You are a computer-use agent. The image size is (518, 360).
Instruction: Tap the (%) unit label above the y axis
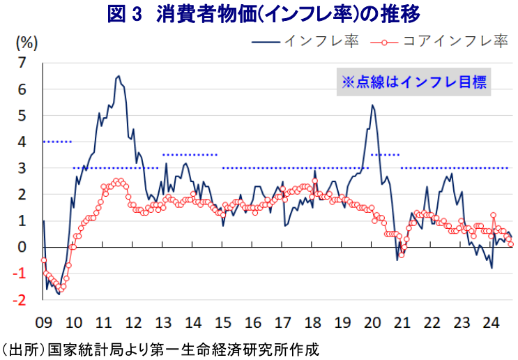click(x=25, y=42)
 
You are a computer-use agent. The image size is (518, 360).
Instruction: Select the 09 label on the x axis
click(x=43, y=323)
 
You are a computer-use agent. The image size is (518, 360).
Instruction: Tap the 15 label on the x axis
click(x=222, y=323)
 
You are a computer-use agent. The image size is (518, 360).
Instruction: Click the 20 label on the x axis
click(x=372, y=323)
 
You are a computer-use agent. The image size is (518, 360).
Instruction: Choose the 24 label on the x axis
click(x=492, y=323)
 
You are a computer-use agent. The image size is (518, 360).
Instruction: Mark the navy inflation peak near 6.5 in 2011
click(x=118, y=76)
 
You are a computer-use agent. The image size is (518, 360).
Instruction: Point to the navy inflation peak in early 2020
click(x=372, y=105)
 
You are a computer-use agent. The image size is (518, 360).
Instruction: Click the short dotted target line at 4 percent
click(x=57, y=142)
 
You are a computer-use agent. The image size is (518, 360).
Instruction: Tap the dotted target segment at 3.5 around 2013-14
click(x=190, y=155)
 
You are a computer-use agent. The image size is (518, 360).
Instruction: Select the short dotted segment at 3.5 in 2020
click(x=385, y=155)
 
